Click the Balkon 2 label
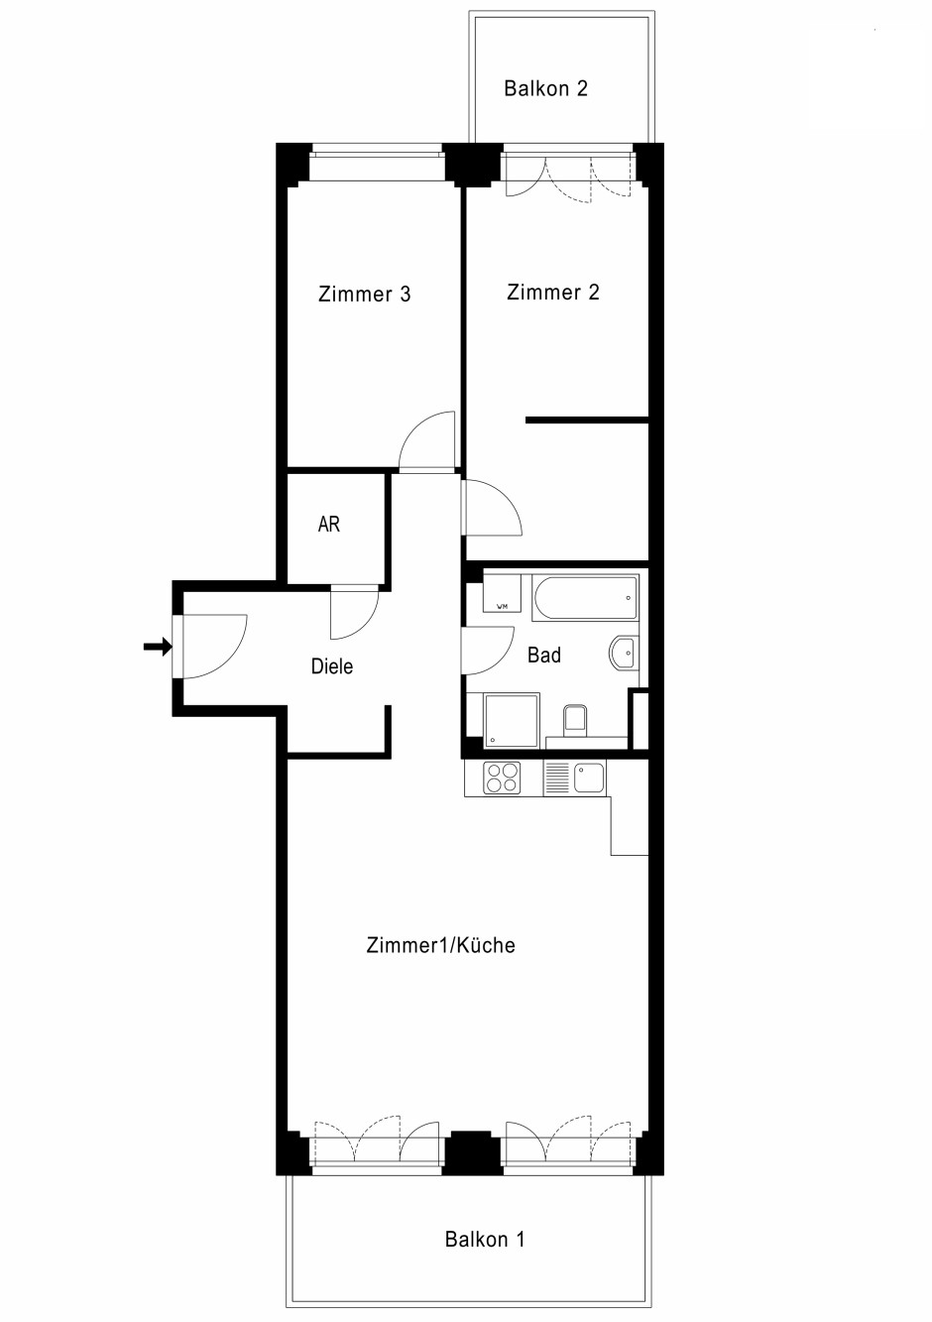pos(545,88)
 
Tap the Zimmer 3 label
pos(364,294)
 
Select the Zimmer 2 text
pos(552,293)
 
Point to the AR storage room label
pos(328,524)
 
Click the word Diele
pos(332,666)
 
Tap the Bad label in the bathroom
pos(544,656)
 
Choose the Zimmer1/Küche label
pos(440,945)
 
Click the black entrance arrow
pos(158,648)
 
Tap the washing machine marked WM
pos(502,593)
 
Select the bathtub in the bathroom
pos(585,597)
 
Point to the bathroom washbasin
pos(624,654)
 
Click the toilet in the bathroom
pos(576,721)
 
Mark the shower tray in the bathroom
pos(512,721)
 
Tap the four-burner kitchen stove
pos(502,778)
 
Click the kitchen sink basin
pos(589,778)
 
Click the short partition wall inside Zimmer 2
pos(588,421)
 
